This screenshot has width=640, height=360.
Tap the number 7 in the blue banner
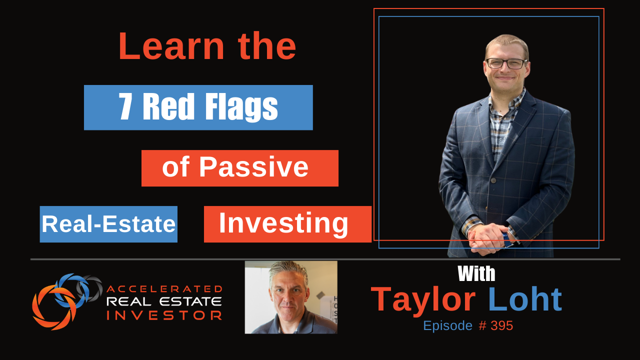pyautogui.click(x=125, y=107)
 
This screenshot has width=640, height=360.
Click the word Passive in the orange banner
pyautogui.click(x=253, y=167)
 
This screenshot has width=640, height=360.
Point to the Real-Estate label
pyautogui.click(x=108, y=224)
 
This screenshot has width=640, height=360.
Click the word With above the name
pyautogui.click(x=476, y=273)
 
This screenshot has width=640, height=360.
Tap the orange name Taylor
pyautogui.click(x=423, y=299)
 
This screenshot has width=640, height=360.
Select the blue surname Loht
pyautogui.click(x=525, y=299)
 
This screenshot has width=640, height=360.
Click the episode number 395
pyautogui.click(x=501, y=325)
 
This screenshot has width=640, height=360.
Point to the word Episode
pyautogui.click(x=447, y=326)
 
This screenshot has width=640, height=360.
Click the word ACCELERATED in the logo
pyautogui.click(x=164, y=289)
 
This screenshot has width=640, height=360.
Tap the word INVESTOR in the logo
pyautogui.click(x=164, y=315)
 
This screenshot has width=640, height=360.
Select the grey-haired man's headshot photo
pyautogui.click(x=291, y=297)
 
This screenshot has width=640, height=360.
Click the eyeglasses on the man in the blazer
pyautogui.click(x=506, y=63)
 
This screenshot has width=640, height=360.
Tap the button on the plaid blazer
pyautogui.click(x=493, y=180)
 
